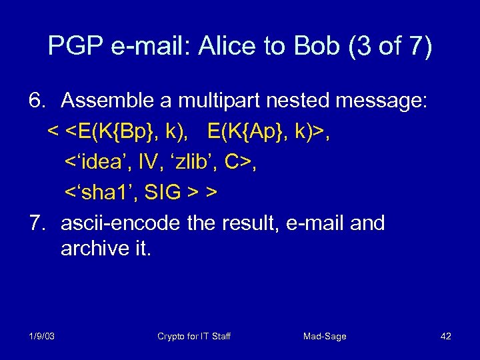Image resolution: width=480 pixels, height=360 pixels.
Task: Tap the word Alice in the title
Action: [x=226, y=47]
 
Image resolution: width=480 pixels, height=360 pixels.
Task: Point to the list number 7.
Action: [x=37, y=223]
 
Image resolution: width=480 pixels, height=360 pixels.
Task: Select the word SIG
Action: [x=162, y=192]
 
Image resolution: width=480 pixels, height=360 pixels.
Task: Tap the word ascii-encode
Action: [x=120, y=223]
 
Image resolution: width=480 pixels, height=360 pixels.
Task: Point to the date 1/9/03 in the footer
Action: [x=41, y=336]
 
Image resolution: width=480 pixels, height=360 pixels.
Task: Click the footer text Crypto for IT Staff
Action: [x=193, y=336]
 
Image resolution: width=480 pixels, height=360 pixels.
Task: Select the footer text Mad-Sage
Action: [x=325, y=336]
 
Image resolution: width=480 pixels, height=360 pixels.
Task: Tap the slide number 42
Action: [x=445, y=336]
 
